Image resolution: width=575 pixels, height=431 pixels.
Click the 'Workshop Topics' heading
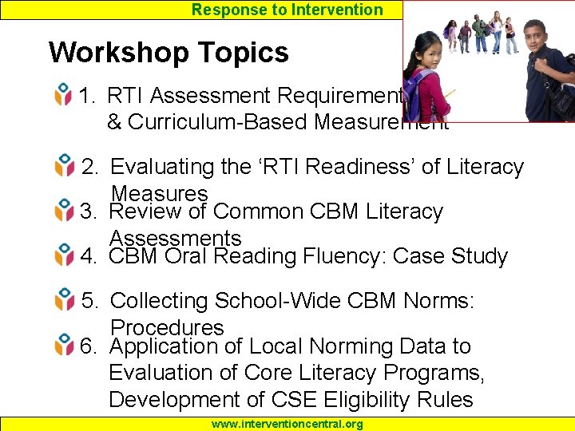(169, 53)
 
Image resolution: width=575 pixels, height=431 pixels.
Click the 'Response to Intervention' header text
(287, 10)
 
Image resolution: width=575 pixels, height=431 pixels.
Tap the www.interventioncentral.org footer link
(287, 424)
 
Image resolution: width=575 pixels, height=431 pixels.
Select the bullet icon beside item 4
(64, 257)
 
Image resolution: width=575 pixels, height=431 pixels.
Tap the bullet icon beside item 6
(64, 347)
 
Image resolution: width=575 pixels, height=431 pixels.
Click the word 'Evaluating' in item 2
(162, 168)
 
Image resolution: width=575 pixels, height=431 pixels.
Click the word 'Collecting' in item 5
(160, 302)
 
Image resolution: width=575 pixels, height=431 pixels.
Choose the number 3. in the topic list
(89, 212)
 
